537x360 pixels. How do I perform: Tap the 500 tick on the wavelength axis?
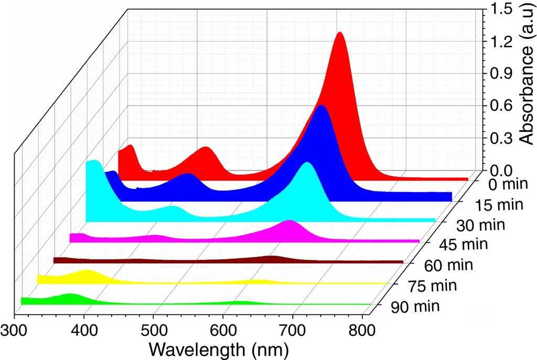tap(153, 331)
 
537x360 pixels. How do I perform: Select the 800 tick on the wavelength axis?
tap(362, 331)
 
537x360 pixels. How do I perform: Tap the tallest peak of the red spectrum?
tap(340, 35)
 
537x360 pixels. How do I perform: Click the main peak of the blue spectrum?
tap(321, 108)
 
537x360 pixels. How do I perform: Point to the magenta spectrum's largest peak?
tap(289, 223)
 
